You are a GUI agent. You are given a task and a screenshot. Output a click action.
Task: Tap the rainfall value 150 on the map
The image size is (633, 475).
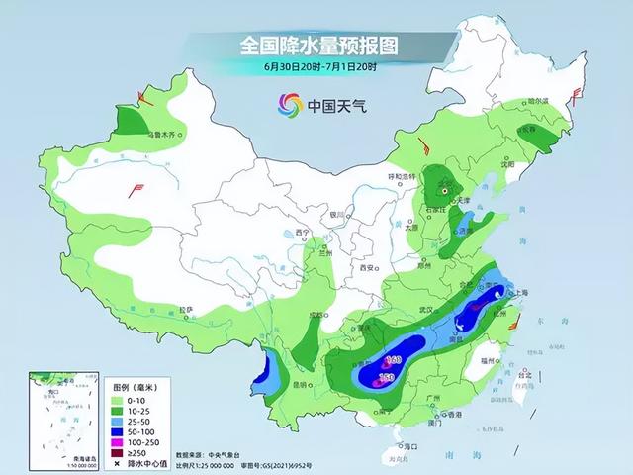[x=388, y=377]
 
